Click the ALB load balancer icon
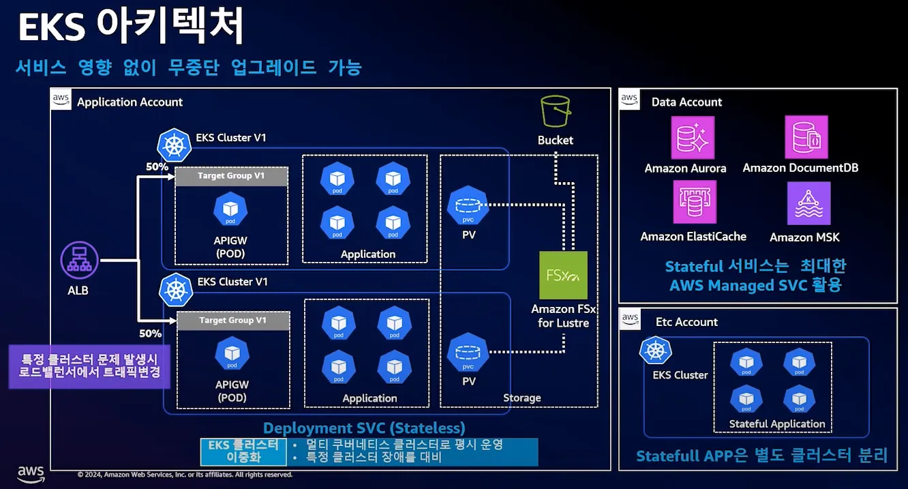coord(80,261)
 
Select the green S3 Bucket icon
coord(555,111)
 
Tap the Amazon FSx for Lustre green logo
coord(563,275)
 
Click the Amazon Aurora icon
coord(693,138)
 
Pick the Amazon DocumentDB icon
coord(806,137)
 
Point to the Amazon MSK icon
coord(808,203)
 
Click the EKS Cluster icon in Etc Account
coord(656,351)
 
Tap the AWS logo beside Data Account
coord(630,100)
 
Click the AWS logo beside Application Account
coord(61,100)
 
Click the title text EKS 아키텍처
coord(130,28)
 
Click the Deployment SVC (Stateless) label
coord(364,428)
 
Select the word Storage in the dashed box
coord(521,398)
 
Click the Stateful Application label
coord(776,424)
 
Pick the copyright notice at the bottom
coord(185,475)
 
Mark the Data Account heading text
coord(686,102)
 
